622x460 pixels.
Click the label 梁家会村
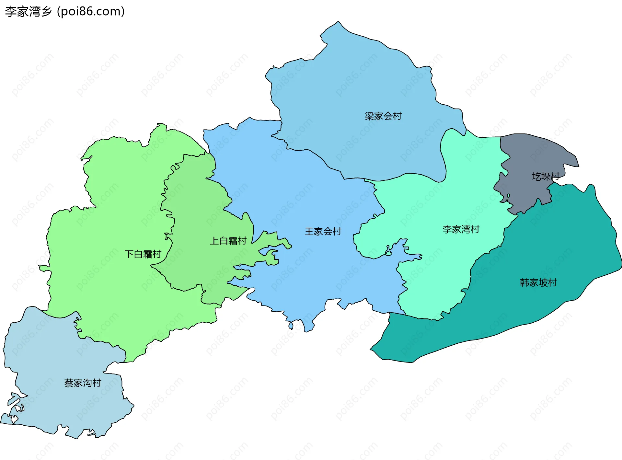(383, 116)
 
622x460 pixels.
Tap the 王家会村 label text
(323, 231)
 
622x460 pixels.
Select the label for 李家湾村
(461, 229)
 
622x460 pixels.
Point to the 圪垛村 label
(546, 176)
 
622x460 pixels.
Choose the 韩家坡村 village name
(538, 282)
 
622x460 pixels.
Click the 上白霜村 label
(228, 241)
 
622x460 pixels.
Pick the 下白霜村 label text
(143, 254)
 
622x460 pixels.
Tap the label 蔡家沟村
(83, 383)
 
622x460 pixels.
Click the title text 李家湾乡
(29, 12)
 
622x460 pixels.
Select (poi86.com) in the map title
(91, 12)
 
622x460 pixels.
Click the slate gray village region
(531, 155)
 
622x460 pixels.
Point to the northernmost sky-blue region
(356, 81)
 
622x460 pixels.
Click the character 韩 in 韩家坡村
(524, 282)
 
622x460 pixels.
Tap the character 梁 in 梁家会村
(369, 116)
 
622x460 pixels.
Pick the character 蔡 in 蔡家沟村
(69, 383)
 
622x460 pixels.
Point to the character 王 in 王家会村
(309, 231)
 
